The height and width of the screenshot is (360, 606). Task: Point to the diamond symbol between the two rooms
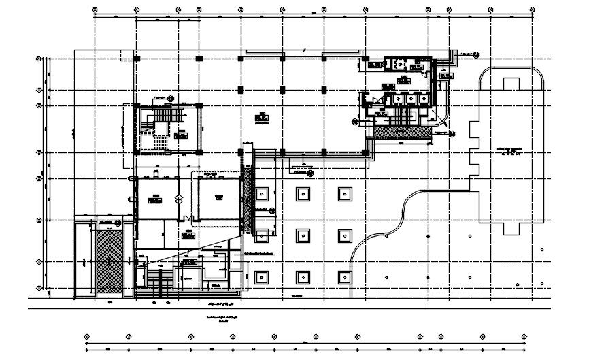[x=179, y=199]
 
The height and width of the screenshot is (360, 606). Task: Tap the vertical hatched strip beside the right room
[x=249, y=198]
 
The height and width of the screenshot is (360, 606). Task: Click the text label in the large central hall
[x=262, y=117]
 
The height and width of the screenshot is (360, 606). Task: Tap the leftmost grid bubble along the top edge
[x=93, y=10]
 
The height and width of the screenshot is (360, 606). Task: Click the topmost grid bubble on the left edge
[x=39, y=59]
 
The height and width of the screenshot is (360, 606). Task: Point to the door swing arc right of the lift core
[x=440, y=118]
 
